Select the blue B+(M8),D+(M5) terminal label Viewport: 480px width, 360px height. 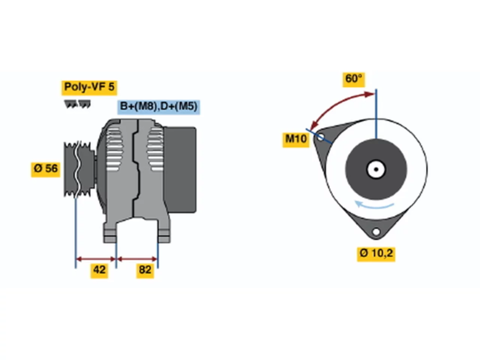(x=158, y=107)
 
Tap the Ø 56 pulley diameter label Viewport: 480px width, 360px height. (x=45, y=169)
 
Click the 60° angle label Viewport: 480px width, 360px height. (x=353, y=79)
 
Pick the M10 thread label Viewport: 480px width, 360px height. (x=296, y=139)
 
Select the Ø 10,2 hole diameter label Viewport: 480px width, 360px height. (x=376, y=254)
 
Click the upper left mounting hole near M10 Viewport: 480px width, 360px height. (x=320, y=137)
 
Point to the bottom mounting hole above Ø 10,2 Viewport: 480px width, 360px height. (x=376, y=231)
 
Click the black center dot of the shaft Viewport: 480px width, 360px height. (x=376, y=169)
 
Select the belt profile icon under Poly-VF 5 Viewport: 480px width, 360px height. (x=77, y=104)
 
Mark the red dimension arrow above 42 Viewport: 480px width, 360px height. (x=96, y=259)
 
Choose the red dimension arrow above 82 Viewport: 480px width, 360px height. (x=137, y=259)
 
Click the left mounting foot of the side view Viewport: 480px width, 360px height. (x=110, y=233)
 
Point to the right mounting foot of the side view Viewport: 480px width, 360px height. (x=164, y=233)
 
